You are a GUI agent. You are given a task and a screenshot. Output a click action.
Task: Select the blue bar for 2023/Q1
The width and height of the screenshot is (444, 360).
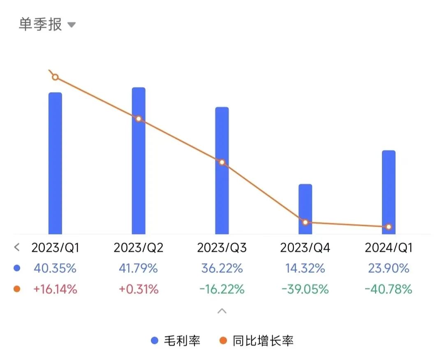click(55, 165)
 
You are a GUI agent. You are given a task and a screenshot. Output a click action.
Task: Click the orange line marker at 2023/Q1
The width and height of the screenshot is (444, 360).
click(55, 77)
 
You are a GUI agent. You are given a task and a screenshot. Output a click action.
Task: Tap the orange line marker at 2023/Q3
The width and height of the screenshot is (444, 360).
click(222, 162)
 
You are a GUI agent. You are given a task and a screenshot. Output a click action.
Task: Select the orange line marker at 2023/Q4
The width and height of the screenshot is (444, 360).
click(305, 222)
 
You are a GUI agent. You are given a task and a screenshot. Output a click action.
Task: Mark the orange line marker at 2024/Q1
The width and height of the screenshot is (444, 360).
click(388, 227)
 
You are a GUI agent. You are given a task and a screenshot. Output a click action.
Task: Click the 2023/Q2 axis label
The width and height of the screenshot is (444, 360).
click(139, 248)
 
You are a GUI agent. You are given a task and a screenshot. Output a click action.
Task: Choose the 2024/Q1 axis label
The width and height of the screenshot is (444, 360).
click(388, 248)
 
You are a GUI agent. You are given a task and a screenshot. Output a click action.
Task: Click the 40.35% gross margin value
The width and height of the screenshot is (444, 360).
click(55, 269)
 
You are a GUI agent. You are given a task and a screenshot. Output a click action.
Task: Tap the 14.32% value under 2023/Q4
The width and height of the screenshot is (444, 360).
click(305, 269)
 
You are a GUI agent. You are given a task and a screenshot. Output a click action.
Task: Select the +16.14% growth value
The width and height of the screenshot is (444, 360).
click(55, 289)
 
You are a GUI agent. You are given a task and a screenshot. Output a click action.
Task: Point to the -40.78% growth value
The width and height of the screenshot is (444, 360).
click(388, 289)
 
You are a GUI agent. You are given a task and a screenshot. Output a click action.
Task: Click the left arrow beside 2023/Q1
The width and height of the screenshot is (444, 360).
click(17, 247)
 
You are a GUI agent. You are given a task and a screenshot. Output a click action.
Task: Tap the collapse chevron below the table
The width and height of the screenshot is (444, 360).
click(222, 311)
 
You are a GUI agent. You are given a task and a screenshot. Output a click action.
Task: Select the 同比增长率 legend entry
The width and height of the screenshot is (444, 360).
click(257, 341)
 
